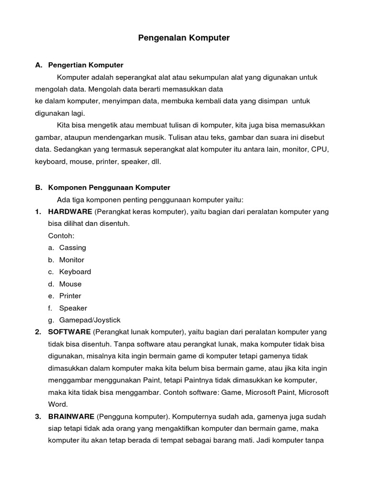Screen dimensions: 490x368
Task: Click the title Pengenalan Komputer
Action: pos(184,38)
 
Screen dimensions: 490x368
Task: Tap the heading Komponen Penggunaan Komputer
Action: pos(109,188)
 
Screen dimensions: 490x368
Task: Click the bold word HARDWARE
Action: pos(70,212)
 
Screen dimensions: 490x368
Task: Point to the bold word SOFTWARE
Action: pos(69,332)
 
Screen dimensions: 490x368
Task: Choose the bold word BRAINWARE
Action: pos(71,417)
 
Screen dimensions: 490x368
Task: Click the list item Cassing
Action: pos(72,248)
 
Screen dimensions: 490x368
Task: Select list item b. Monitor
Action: pos(71,260)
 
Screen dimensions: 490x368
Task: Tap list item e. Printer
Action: pos(70,296)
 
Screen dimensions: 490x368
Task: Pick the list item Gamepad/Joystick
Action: pos(90,320)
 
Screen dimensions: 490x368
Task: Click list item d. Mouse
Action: pos(70,284)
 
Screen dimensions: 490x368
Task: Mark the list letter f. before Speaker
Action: pos(50,308)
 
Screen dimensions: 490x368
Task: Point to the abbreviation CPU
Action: pos(320,149)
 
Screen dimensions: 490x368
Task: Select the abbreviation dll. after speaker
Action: pos(155,162)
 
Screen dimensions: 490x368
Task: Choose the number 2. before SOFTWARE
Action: pos(38,332)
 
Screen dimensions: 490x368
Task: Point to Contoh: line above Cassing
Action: pos(61,236)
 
